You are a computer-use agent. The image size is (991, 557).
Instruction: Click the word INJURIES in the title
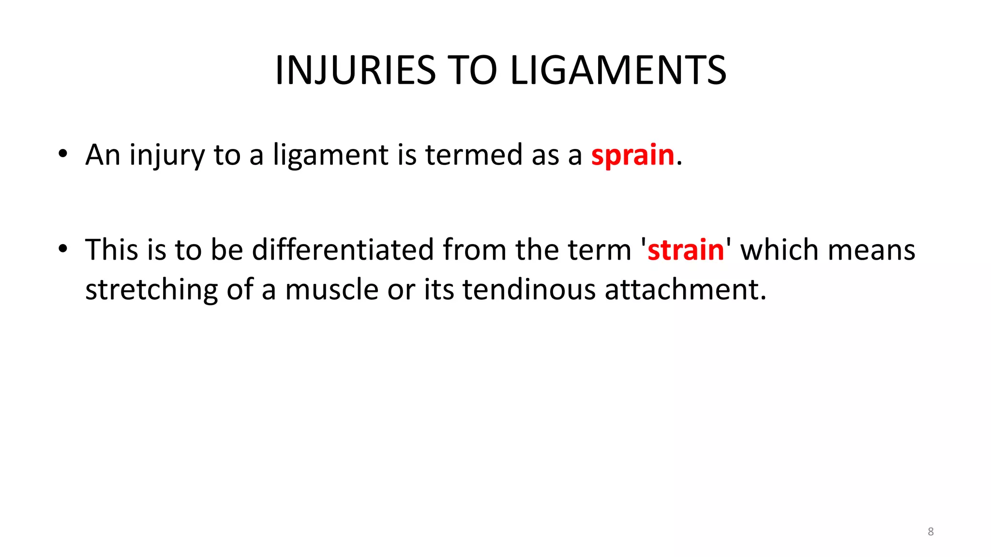[x=356, y=71]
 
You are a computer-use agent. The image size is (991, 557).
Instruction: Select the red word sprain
[x=632, y=155]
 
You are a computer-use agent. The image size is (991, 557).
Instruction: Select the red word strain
[x=685, y=250]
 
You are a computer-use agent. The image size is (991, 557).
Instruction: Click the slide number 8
[x=931, y=531]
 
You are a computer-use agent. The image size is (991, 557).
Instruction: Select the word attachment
[x=685, y=290]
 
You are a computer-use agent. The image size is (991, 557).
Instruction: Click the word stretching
[x=151, y=290]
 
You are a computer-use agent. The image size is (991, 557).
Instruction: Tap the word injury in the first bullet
[x=167, y=155]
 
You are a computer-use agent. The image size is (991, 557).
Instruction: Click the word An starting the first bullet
[x=103, y=155]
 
